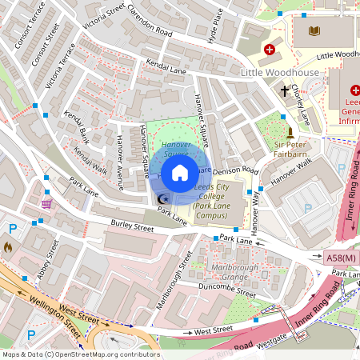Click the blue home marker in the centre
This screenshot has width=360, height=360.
[x=180, y=172]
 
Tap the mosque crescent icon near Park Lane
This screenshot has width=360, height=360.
[x=164, y=199]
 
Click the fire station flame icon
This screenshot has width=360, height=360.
[x=9, y=248]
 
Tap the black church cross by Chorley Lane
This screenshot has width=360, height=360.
[x=284, y=91]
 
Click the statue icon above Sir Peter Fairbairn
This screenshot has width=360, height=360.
[x=290, y=131]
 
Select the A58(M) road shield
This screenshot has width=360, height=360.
[x=342, y=258]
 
